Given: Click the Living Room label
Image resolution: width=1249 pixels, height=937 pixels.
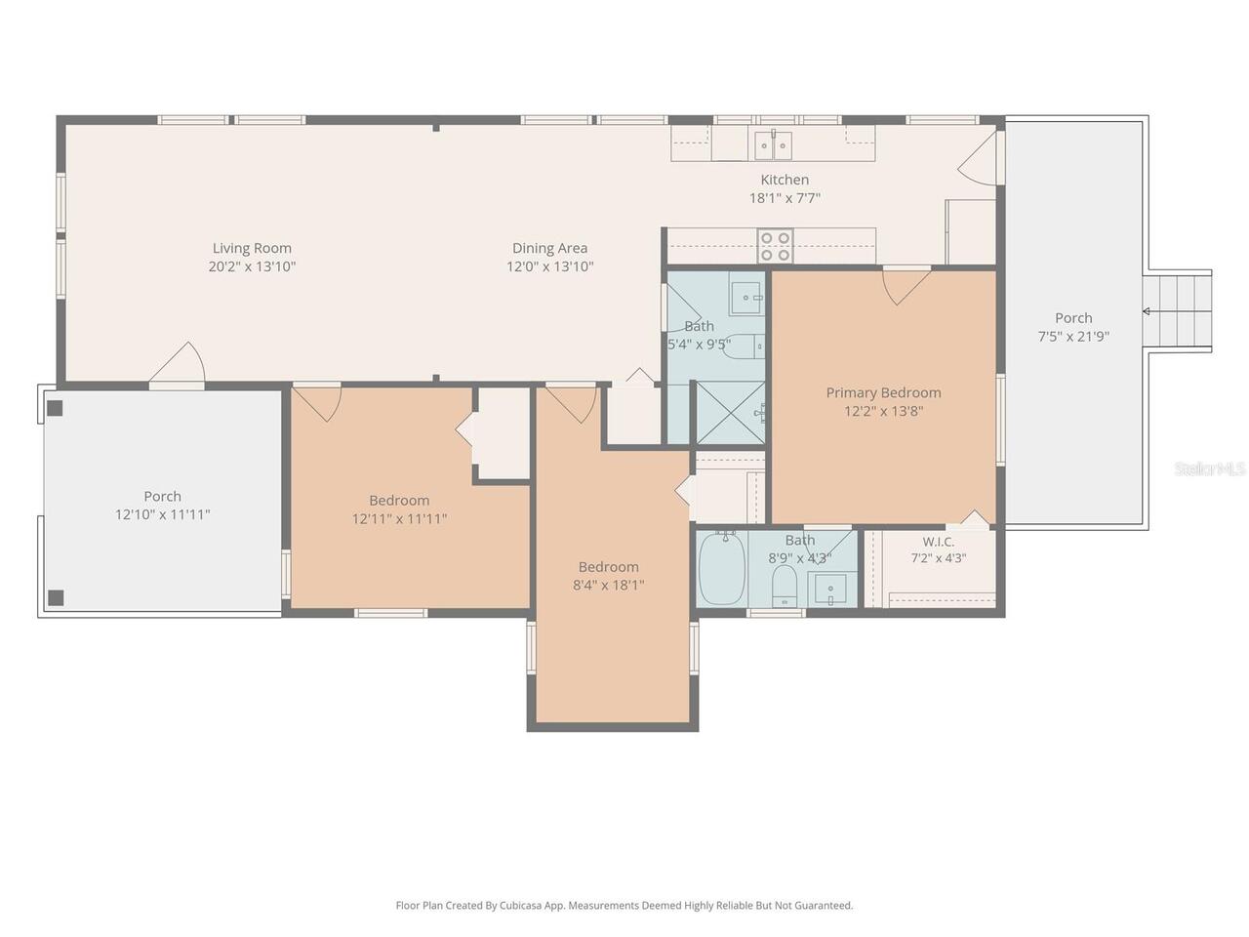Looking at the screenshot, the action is tap(252, 248).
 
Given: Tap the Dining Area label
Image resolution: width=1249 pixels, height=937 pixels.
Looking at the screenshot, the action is tap(549, 248).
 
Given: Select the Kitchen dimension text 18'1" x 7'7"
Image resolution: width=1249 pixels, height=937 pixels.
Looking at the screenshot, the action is tap(785, 198).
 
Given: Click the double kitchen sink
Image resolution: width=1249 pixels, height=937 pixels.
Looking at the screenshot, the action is tap(773, 144).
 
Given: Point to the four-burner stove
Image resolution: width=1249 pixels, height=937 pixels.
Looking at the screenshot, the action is tap(775, 246).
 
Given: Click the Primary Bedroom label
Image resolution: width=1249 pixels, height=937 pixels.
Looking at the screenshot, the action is tap(883, 392).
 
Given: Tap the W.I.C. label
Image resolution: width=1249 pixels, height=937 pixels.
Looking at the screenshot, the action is tap(939, 541).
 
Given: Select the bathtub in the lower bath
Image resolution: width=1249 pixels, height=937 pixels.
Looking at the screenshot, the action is tap(721, 568).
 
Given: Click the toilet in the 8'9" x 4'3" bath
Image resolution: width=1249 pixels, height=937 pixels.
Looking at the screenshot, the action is tap(785, 586).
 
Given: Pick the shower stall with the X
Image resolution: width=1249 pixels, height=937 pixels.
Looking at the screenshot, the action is tap(731, 412).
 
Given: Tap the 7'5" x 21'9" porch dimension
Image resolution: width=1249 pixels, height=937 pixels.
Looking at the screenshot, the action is tap(1073, 336).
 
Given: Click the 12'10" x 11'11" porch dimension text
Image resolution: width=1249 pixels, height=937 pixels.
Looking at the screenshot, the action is tap(163, 515).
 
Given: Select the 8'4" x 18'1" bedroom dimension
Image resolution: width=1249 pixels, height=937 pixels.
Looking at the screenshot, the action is tap(608, 585).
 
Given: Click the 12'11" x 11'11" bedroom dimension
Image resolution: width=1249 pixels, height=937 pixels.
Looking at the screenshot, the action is tap(399, 519).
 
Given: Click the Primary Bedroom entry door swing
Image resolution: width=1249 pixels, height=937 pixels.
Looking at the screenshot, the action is tap(907, 286).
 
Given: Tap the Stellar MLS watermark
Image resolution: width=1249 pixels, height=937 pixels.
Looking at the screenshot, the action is tap(1210, 468).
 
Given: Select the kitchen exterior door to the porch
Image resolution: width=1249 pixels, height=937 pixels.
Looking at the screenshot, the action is tap(978, 157).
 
